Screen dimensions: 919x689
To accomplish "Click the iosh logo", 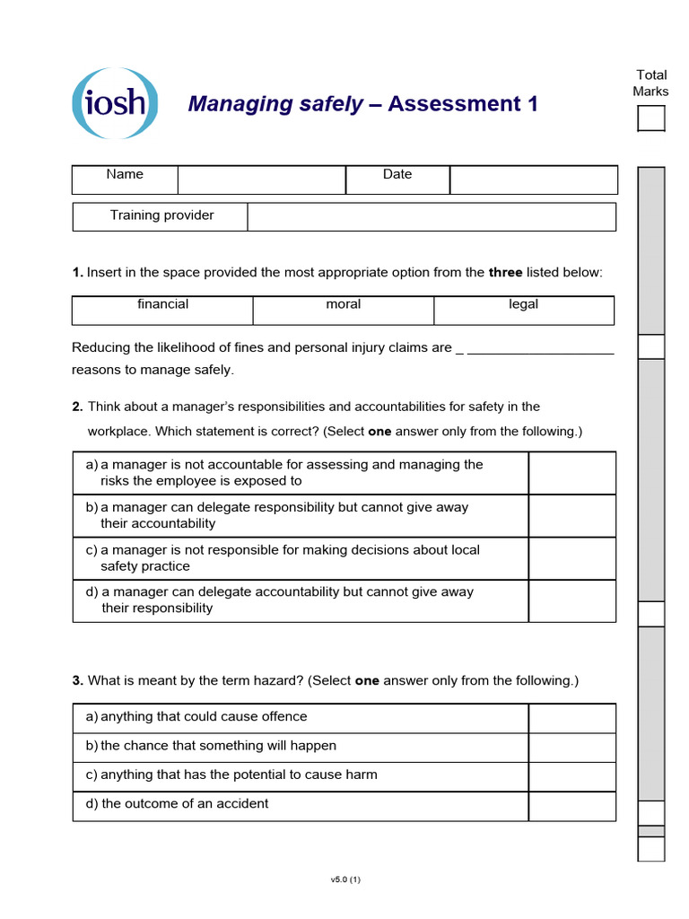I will [114, 103].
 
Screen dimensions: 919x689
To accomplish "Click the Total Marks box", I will [651, 118].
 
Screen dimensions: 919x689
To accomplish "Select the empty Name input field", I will [261, 179].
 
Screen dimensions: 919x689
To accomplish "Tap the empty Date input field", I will [533, 179].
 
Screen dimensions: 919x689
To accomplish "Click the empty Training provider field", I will [432, 216].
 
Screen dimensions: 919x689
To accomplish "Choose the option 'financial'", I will [162, 305].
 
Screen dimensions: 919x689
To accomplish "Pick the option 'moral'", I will [344, 305].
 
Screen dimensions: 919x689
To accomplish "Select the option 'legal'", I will [524, 305].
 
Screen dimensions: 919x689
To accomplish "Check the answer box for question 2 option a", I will [571, 473].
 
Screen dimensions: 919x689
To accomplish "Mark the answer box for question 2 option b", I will [571, 516].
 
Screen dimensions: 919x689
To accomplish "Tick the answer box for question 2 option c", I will [571, 558].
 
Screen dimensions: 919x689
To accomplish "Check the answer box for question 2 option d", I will [571, 600].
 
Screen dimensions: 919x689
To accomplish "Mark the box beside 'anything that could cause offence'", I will [571, 718].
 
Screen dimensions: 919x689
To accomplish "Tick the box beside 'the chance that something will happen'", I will [571, 748].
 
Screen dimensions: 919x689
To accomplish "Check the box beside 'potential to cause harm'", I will [571, 776].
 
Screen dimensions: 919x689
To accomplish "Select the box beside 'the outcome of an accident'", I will [571, 806].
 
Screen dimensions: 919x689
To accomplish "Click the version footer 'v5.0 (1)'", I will [345, 880].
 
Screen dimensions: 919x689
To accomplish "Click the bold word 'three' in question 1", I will [505, 272].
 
